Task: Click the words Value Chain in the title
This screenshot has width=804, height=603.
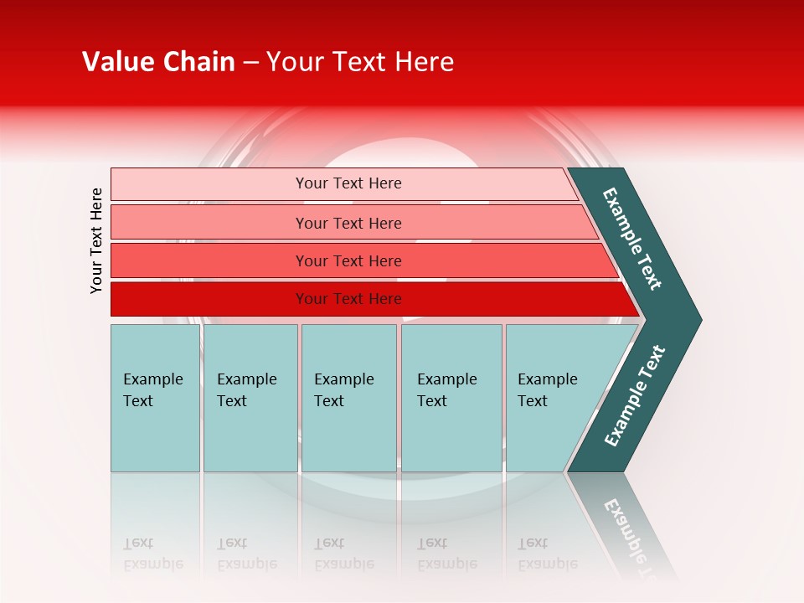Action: pos(158,62)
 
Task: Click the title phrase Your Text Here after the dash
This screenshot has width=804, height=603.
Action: pos(360,62)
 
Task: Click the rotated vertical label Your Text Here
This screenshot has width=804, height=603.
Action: pos(96,240)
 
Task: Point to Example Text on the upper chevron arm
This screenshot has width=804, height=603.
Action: pos(632,239)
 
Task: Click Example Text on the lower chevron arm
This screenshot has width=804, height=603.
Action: pos(634,396)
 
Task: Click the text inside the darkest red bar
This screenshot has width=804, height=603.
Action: pos(348,299)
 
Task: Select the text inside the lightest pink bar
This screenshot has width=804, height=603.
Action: pos(348,183)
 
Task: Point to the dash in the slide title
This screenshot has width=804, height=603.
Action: pos(250,63)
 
